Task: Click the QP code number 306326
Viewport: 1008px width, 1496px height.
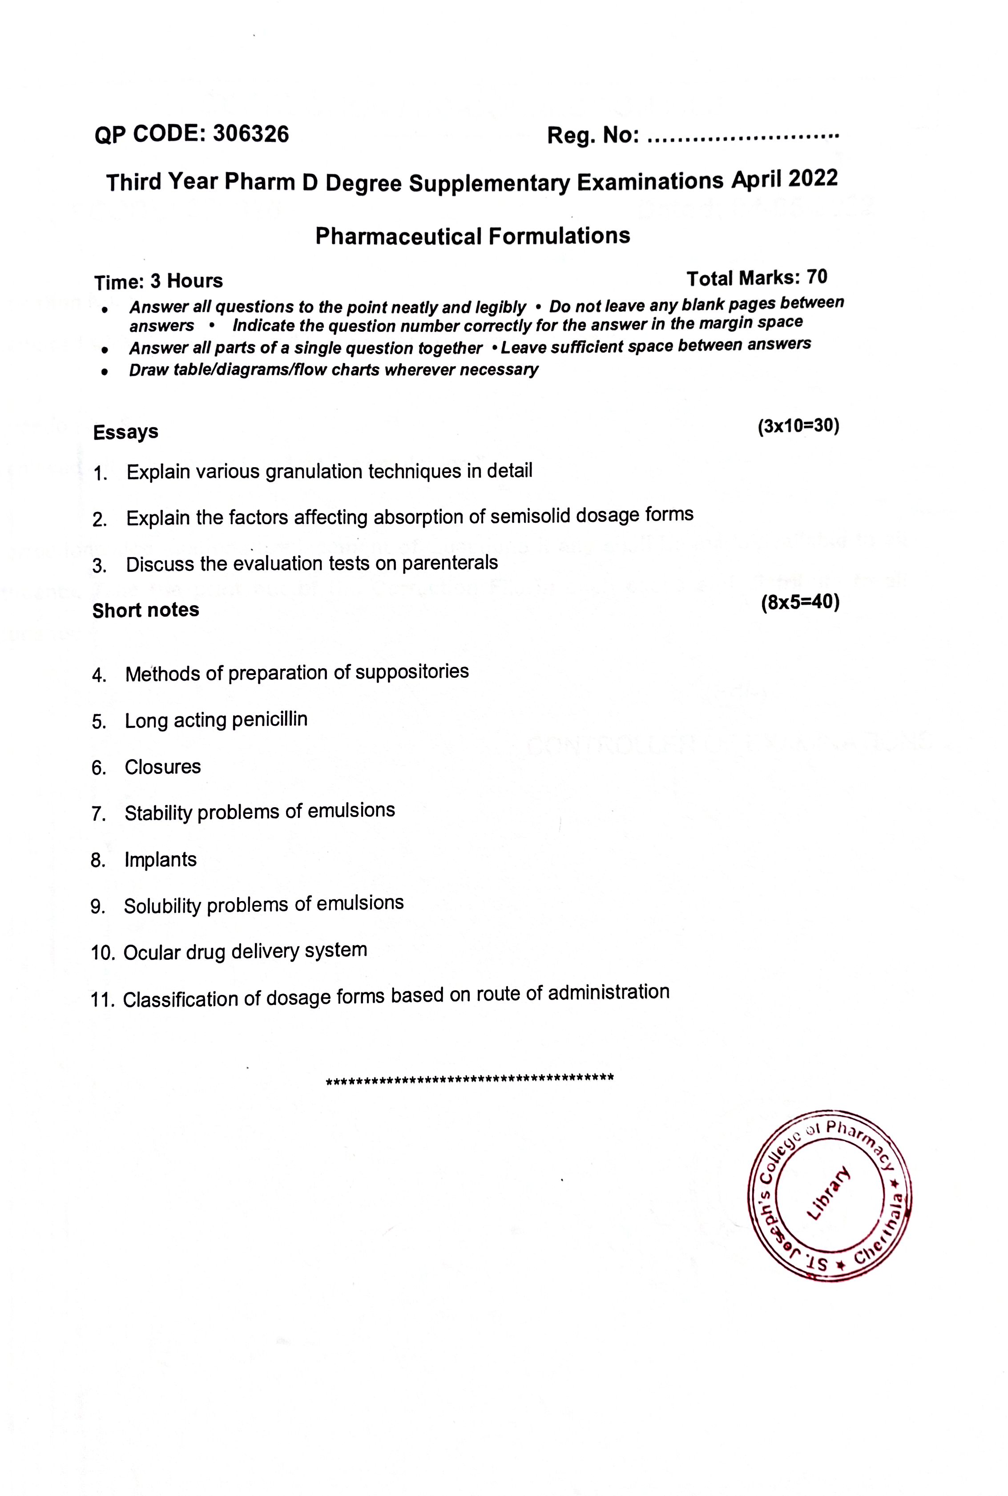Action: [251, 134]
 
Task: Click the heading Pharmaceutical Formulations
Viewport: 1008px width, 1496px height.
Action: [472, 236]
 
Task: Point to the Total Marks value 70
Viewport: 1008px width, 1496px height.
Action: [817, 277]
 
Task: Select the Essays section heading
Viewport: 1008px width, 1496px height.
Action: [125, 432]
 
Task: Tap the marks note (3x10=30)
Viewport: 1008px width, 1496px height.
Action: [798, 426]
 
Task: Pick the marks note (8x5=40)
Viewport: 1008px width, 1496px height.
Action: [800, 603]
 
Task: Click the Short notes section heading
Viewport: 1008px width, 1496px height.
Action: [145, 610]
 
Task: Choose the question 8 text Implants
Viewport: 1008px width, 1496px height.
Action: [160, 860]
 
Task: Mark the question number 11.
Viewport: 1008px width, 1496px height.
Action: [103, 1000]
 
